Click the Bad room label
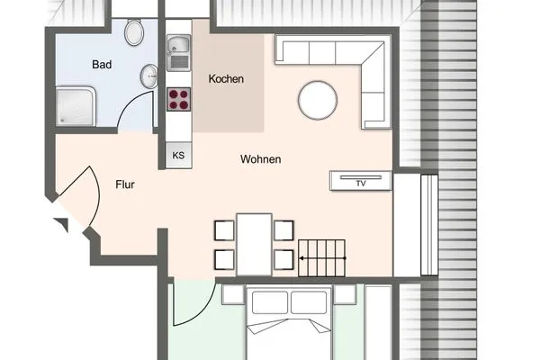point(102,65)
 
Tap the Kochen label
point(226,79)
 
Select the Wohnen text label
point(261,159)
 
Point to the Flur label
point(125,184)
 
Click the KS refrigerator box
point(178,156)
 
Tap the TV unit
point(361,181)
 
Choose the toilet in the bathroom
point(134,32)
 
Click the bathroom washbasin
point(149,76)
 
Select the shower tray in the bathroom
point(76,106)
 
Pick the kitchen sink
point(179,52)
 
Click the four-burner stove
point(179,99)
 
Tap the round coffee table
point(318,100)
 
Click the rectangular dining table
point(254,245)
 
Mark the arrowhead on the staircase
point(301,258)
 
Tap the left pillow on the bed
point(270,302)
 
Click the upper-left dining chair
point(224,230)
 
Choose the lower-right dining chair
point(283,260)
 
